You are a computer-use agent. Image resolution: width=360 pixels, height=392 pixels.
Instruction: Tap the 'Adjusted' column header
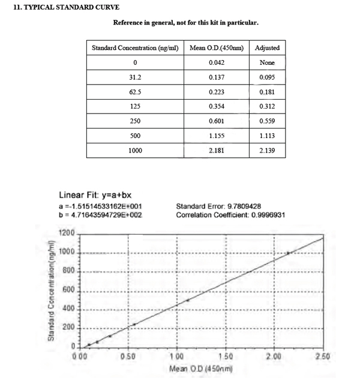(x=267, y=47)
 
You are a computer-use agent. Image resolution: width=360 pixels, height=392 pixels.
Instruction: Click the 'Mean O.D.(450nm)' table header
(x=217, y=47)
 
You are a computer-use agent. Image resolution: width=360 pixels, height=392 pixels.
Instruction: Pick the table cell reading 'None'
(x=267, y=62)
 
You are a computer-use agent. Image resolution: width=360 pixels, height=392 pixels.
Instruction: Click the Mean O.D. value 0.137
(x=217, y=77)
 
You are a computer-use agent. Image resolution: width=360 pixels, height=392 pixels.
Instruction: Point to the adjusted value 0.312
(x=267, y=107)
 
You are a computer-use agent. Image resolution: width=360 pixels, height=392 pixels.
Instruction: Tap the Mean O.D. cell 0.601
(x=217, y=121)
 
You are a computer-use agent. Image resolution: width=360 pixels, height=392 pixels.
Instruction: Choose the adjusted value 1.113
(x=267, y=136)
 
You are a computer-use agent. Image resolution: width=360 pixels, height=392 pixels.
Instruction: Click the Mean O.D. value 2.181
(x=217, y=151)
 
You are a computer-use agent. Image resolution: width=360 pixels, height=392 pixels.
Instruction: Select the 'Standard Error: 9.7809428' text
(x=218, y=206)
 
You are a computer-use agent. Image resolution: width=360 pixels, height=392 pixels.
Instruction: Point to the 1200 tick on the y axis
(x=67, y=233)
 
